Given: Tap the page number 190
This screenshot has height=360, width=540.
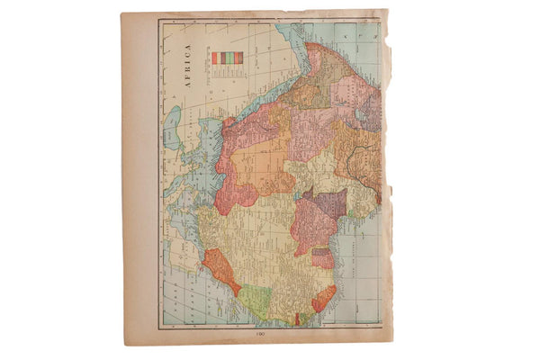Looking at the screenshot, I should [259, 335].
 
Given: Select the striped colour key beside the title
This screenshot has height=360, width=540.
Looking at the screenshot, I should [228, 58].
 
